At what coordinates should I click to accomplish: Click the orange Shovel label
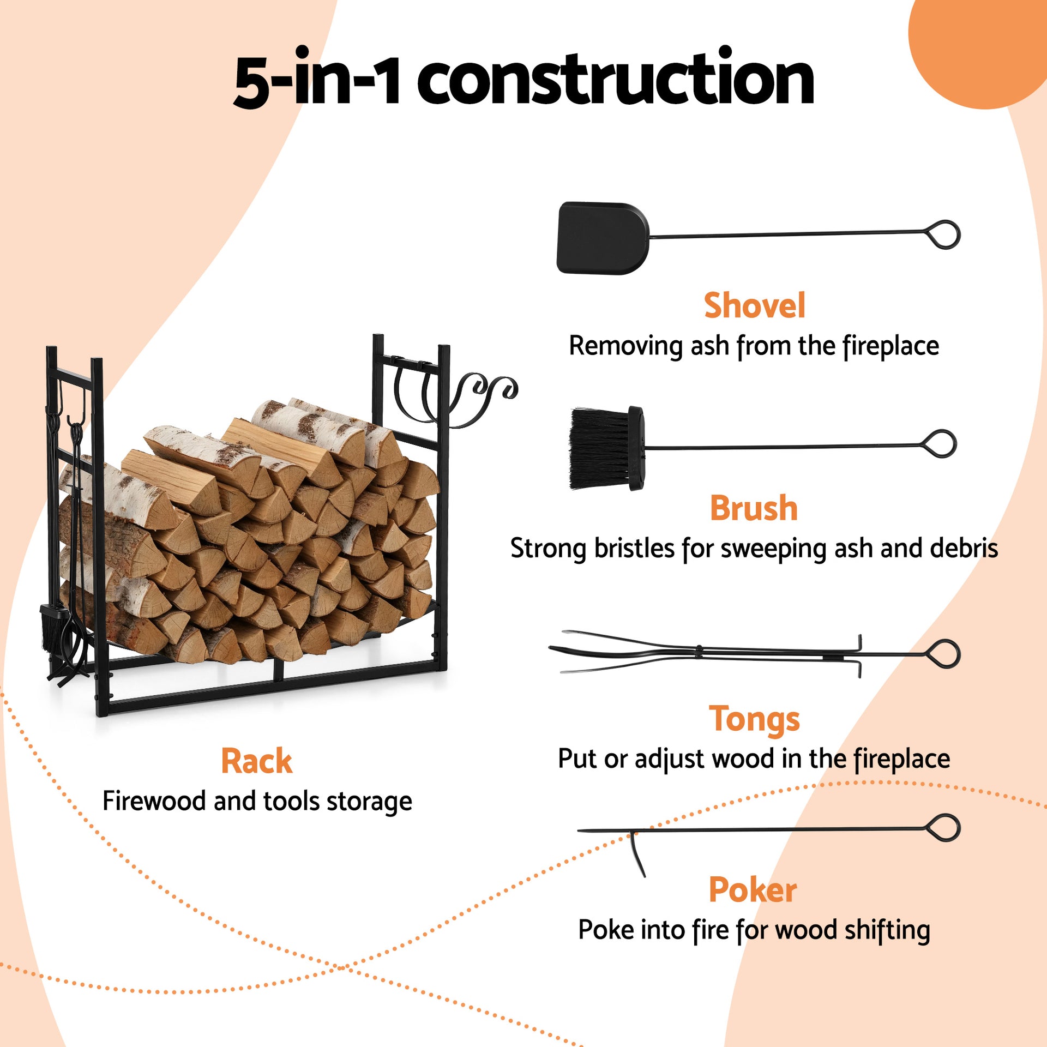754,305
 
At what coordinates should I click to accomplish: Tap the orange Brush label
754,508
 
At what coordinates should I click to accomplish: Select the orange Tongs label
754,719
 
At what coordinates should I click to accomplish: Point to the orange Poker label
753,890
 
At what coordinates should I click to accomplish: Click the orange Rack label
256,761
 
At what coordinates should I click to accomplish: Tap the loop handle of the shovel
944,235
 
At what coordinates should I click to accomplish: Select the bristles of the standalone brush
597,449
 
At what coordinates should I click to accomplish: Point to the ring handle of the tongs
944,654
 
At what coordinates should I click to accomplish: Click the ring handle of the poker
944,828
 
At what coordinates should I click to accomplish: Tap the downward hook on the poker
637,853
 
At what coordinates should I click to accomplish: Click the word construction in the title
616,79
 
